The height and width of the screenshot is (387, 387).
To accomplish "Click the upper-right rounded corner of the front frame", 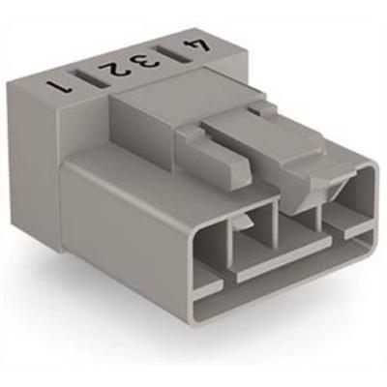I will coord(371,174).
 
